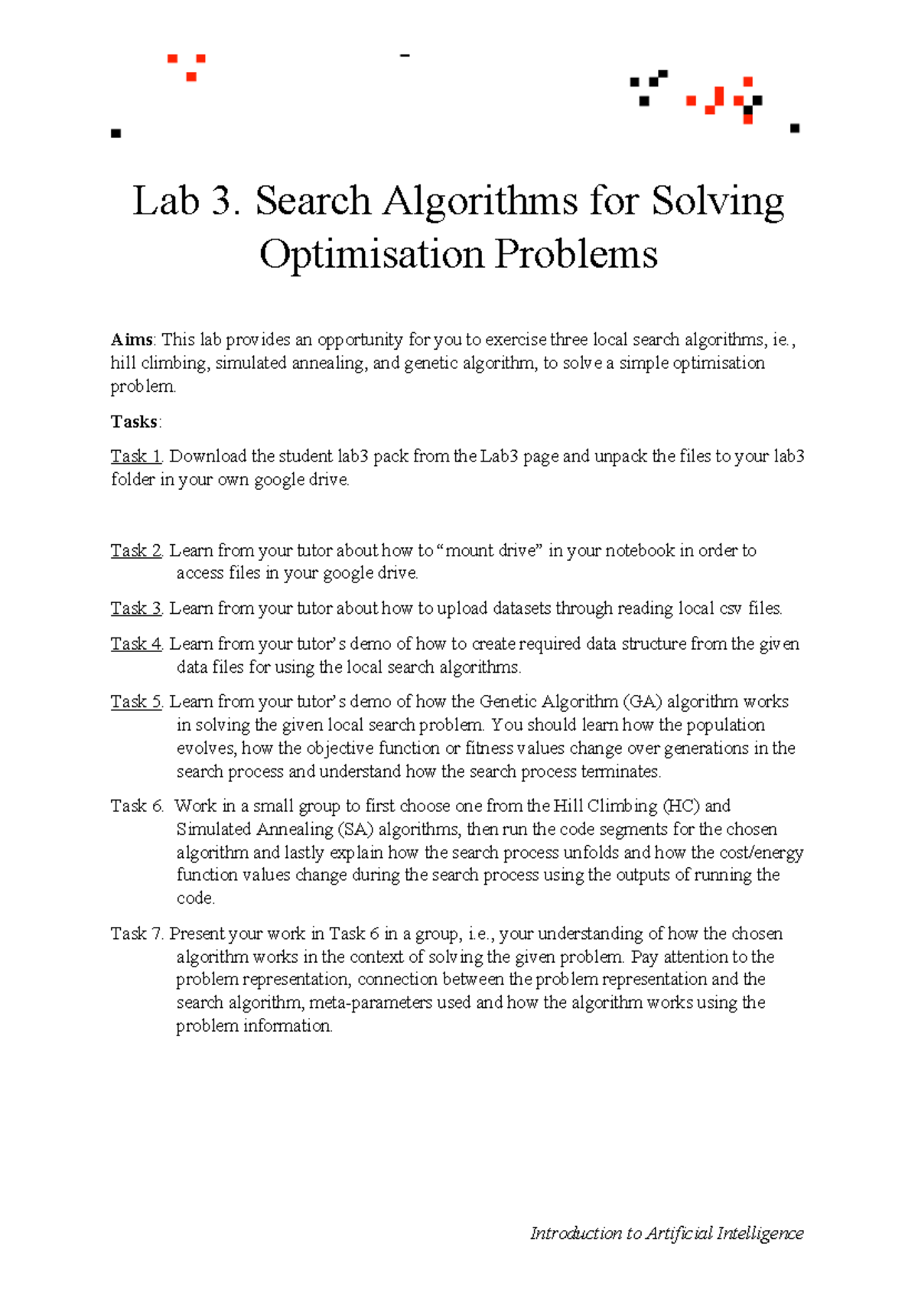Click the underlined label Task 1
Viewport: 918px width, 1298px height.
[x=136, y=456]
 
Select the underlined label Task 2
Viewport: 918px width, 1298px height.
[x=136, y=550]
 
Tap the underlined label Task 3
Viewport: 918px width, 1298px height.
[x=136, y=608]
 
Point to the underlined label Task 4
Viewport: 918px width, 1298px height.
[x=136, y=644]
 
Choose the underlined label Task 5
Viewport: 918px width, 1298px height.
[x=136, y=702]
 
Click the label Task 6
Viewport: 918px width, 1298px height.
[x=137, y=806]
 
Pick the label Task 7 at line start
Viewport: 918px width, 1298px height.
[x=137, y=934]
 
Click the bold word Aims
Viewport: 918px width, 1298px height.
[x=132, y=340]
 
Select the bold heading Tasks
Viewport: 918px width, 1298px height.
[x=135, y=422]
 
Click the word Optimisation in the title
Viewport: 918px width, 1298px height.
[x=372, y=254]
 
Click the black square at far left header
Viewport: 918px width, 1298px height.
[x=116, y=134]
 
